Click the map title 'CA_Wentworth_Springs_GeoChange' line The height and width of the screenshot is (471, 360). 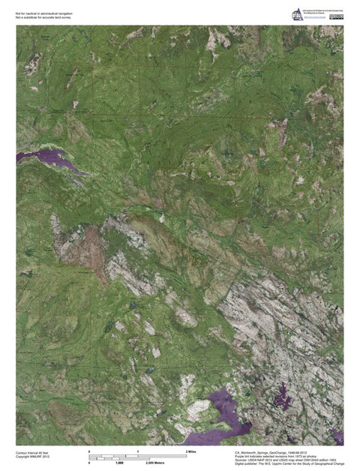[x=271, y=453]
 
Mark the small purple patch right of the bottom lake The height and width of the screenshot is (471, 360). [x=283, y=396]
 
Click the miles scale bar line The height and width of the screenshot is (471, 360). [x=138, y=456]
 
